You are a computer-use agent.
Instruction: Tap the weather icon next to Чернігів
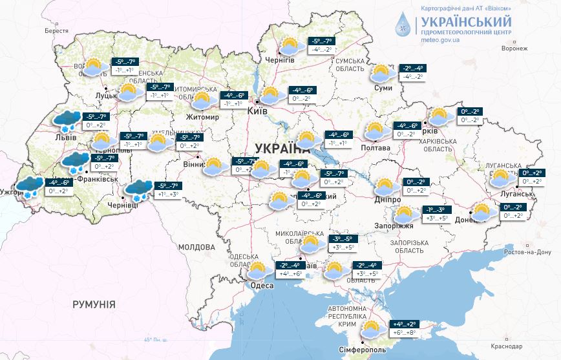pos(290,47)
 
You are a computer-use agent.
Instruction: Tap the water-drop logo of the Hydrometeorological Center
pos(405,25)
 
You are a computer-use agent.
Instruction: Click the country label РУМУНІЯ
pos(94,304)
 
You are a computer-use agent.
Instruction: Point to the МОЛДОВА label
pos(196,247)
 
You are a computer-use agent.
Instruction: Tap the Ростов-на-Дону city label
pos(529,251)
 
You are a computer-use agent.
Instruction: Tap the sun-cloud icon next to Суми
pos(382,72)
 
